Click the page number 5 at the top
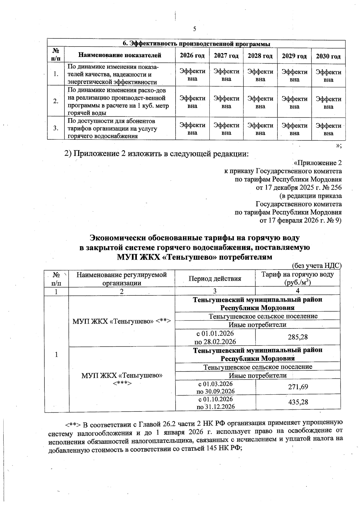(195, 29)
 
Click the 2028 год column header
(260, 56)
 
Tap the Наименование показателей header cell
(120, 55)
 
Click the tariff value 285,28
(298, 337)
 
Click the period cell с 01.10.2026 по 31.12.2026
(215, 403)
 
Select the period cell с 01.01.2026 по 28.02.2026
(215, 337)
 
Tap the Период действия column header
(215, 279)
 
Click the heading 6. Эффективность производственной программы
(196, 44)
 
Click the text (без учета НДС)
(316, 265)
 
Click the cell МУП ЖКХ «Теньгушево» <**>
(121, 321)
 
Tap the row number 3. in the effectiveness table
(56, 128)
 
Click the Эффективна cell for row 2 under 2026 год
(192, 102)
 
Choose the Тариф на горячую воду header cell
(298, 278)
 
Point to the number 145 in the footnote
(210, 449)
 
